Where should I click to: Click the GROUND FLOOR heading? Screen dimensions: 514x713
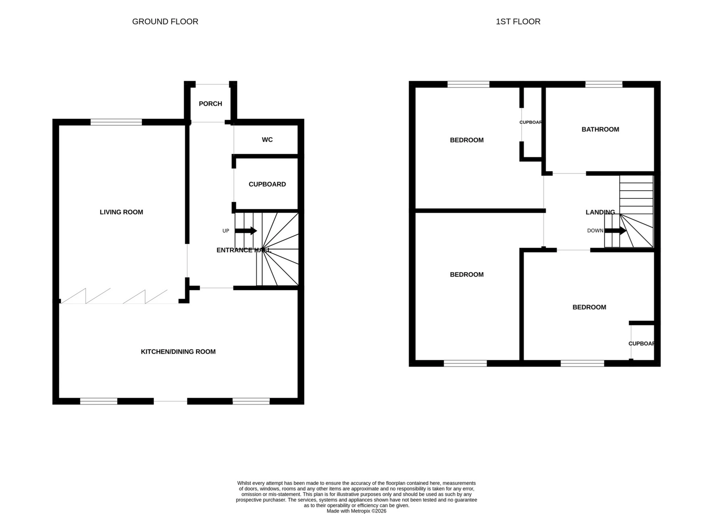coord(165,22)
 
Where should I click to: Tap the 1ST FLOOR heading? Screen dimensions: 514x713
coord(518,22)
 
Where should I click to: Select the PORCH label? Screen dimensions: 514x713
coord(210,104)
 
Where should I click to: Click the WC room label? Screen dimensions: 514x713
coord(267,140)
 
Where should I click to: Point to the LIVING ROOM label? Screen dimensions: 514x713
coord(121,212)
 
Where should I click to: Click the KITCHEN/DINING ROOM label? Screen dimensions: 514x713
coord(178,351)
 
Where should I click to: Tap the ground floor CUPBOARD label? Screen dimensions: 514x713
coord(267,184)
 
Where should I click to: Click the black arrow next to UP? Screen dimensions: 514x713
coord(246,231)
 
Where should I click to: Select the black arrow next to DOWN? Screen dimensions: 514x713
coord(615,231)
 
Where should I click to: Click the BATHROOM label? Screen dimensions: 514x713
coord(600,129)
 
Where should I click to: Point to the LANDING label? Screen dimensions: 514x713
coord(600,212)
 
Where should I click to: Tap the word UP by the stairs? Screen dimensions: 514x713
coord(226,231)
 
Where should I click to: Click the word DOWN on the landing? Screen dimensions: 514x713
coord(595,231)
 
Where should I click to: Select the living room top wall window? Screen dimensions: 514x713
coord(116,122)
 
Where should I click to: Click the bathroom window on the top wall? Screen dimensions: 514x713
coord(603,84)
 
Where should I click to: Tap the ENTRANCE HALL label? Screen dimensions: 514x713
coord(243,250)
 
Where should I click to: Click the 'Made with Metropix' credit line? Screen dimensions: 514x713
coord(356,511)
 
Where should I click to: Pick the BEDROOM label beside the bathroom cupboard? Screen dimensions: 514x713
coord(467,140)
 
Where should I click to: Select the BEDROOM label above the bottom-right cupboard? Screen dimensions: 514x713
coord(589,307)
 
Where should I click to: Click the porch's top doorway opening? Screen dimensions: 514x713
coord(212,84)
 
